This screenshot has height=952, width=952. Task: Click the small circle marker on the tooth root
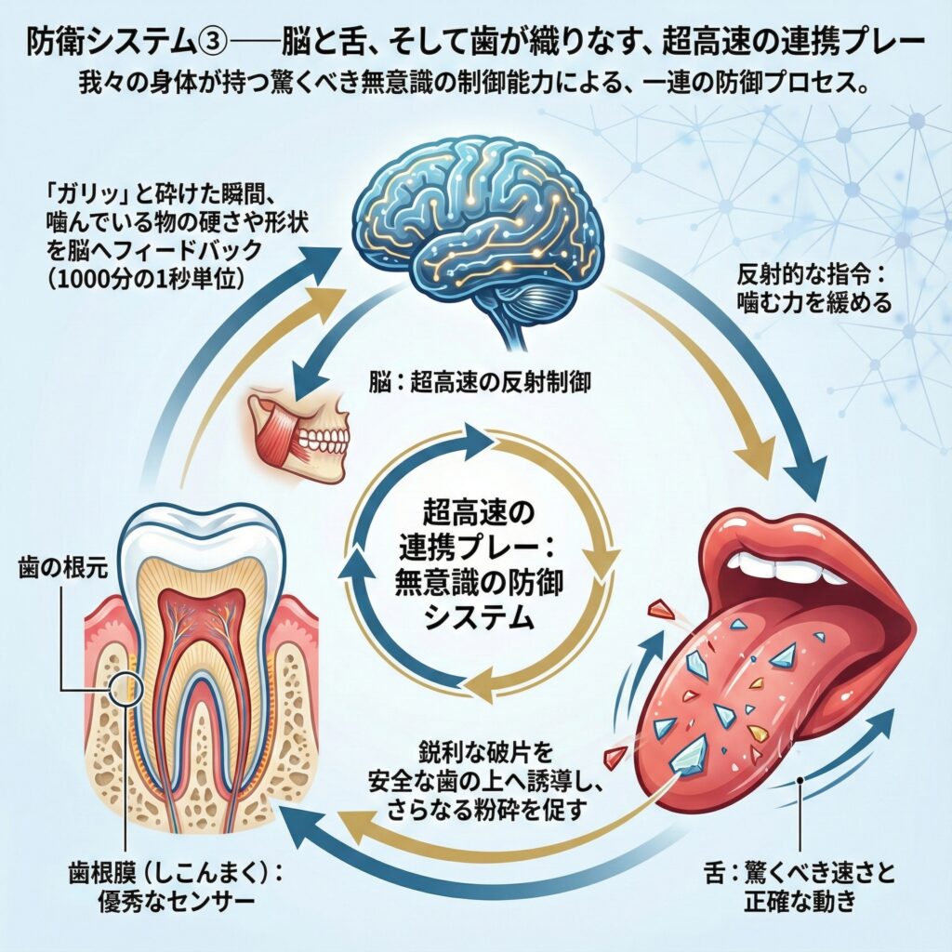(x=126, y=689)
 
